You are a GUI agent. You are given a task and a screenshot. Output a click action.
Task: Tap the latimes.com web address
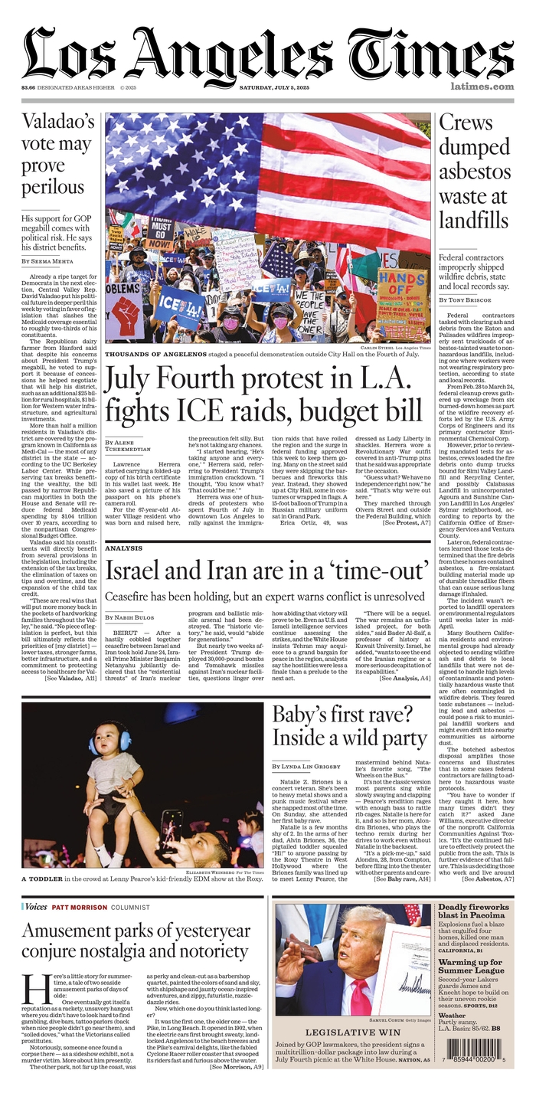coord(482,87)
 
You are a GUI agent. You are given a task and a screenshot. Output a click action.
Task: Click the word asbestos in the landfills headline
coord(474,171)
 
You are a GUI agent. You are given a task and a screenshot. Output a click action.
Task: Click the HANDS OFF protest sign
coord(402,283)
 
